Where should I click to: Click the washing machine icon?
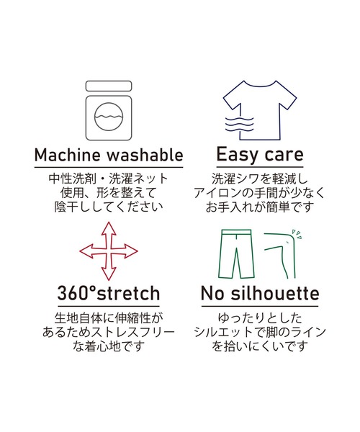(107, 109)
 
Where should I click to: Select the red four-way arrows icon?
(108, 249)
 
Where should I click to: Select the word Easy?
(228, 156)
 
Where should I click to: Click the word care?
(280, 156)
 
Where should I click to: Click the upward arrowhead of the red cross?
(108, 226)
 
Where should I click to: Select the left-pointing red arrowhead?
(84, 250)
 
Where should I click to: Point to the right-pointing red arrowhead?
(132, 250)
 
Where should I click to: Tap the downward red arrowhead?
(108, 274)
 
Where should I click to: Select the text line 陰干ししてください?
(109, 205)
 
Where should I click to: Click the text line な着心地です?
(108, 347)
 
